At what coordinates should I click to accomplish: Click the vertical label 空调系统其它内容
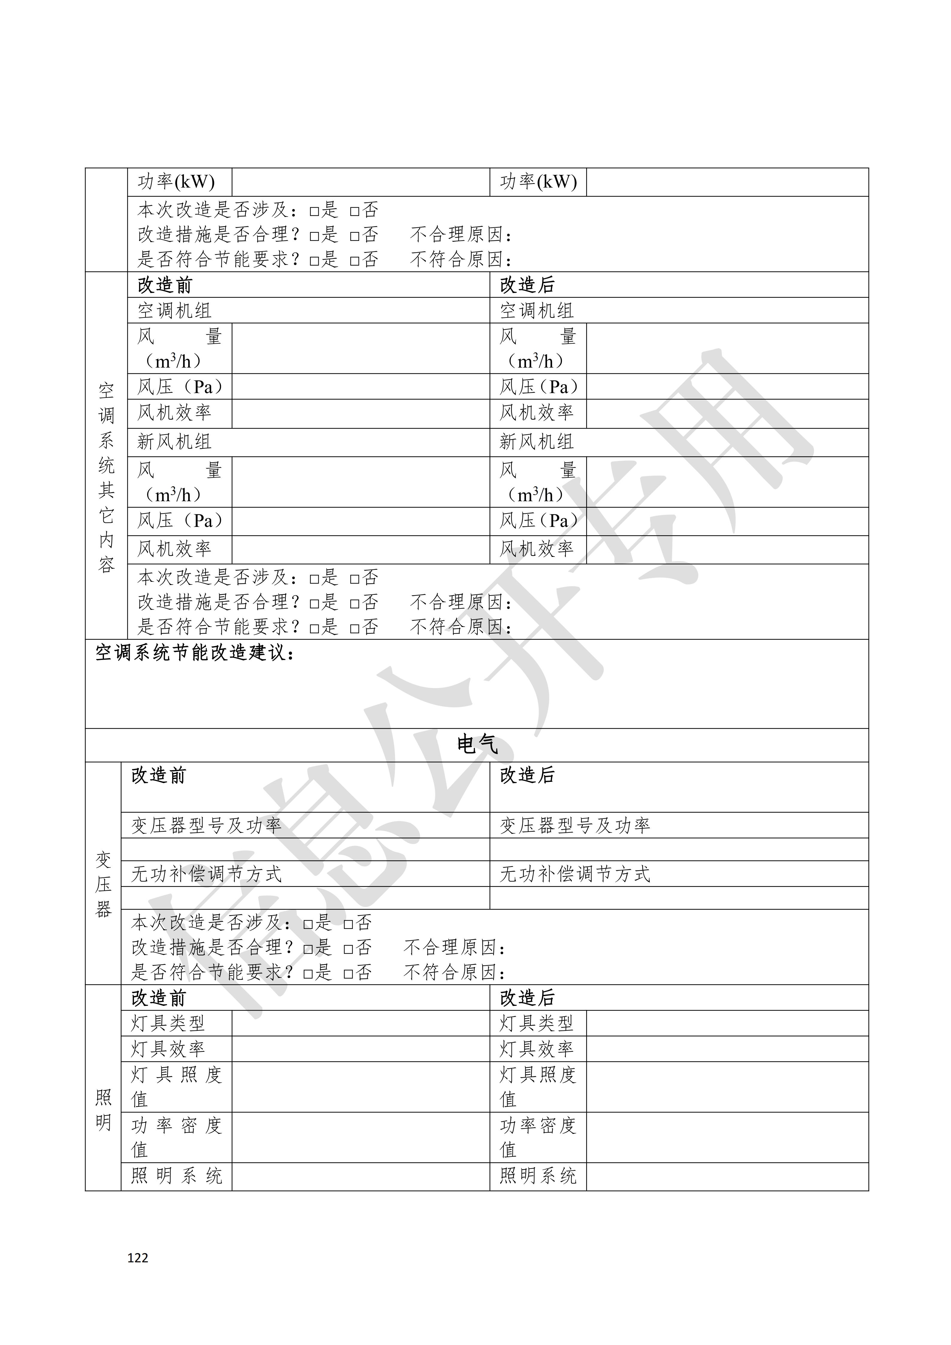[x=106, y=477]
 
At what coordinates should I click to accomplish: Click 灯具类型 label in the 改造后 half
[x=536, y=1023]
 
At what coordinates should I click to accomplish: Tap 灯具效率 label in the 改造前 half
[x=168, y=1048]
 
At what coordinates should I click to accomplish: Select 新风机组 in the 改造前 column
[x=174, y=442]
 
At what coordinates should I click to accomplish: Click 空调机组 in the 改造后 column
[x=536, y=310]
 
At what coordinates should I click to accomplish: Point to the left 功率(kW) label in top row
[x=176, y=182]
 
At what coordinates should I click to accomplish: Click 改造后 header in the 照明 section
[x=527, y=998]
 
